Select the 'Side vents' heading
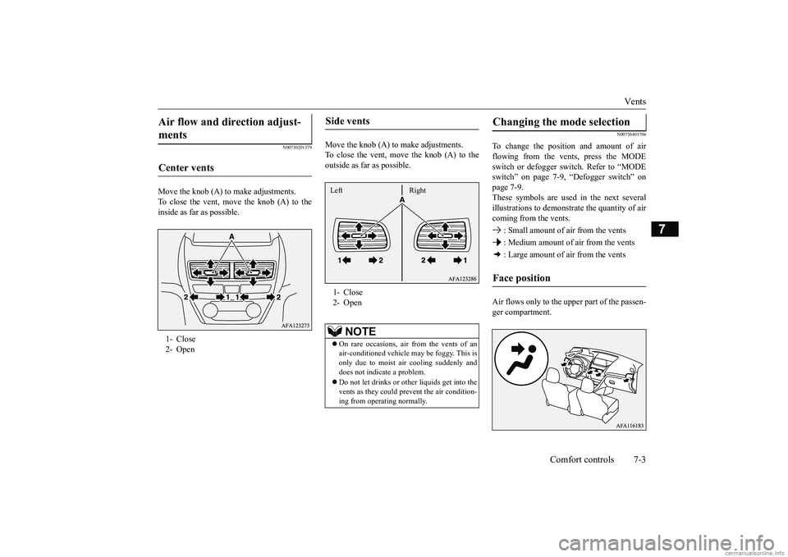click(349, 121)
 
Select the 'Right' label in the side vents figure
click(417, 190)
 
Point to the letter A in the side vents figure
click(402, 199)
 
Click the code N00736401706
click(630, 135)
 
